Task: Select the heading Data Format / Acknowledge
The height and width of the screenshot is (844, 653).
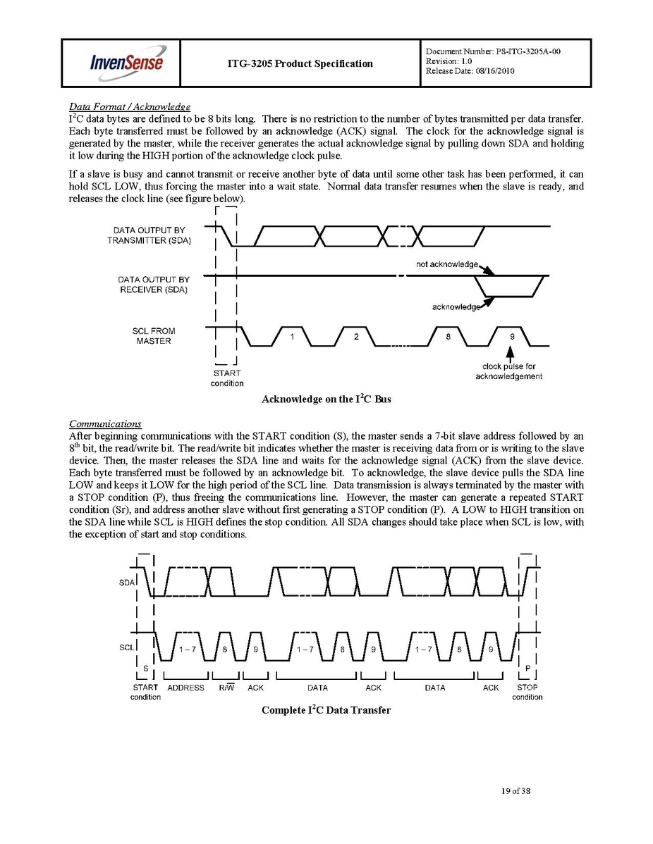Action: tap(129, 106)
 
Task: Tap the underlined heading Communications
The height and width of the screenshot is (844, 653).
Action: tap(105, 423)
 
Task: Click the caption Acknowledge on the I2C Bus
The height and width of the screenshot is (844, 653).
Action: tap(326, 399)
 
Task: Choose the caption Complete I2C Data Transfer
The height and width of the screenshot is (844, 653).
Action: tap(326, 710)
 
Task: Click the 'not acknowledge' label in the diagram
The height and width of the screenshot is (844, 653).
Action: tap(447, 263)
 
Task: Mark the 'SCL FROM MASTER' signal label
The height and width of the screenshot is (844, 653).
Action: tap(154, 336)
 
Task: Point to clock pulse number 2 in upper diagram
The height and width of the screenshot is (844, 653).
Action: tap(356, 337)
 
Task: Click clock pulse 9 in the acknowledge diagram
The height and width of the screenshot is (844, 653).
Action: tap(511, 337)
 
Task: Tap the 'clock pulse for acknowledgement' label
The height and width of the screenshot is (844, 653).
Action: tap(508, 371)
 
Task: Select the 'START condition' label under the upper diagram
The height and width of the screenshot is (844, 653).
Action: tap(227, 378)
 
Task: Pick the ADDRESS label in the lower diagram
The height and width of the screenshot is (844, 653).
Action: tap(185, 688)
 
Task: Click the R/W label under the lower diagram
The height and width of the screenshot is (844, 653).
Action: tap(227, 688)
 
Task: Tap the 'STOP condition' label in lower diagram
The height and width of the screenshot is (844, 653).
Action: tap(527, 692)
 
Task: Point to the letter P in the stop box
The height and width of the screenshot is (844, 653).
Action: tap(527, 667)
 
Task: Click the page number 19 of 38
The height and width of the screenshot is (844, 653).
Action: tap(512, 791)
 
